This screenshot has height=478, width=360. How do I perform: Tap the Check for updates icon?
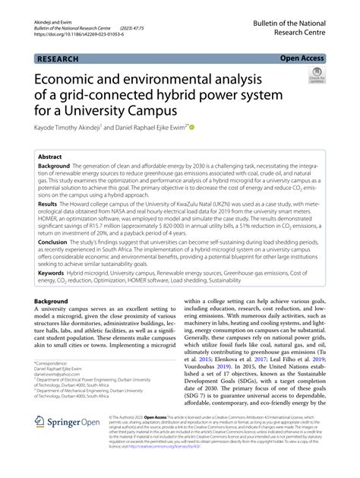315,76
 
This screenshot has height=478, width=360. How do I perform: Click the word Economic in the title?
72,81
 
